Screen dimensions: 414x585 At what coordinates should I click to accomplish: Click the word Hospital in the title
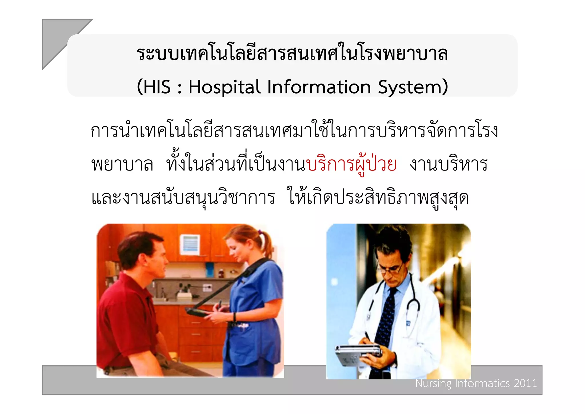pos(224,87)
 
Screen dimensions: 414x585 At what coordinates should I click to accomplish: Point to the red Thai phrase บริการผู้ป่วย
pos(351,165)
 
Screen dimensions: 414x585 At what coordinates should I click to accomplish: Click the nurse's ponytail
pos(266,243)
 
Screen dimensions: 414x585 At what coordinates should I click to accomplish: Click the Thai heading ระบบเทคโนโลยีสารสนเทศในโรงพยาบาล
pos(292,54)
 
